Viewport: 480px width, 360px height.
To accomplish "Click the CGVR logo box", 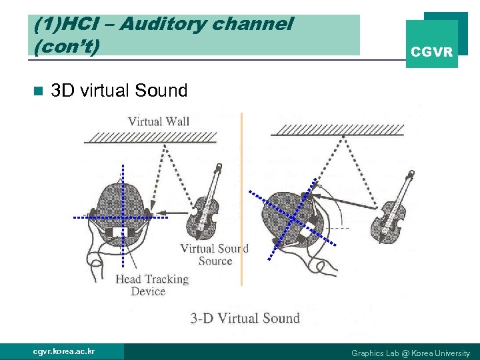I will (x=431, y=44).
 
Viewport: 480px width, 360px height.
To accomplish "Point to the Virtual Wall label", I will (x=159, y=121).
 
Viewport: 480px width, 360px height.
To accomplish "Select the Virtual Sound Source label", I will (x=215, y=254).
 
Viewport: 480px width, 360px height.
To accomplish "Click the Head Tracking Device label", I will (x=152, y=285).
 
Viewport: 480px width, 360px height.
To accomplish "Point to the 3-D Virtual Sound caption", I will (x=245, y=318).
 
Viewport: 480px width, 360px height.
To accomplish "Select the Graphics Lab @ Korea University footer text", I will (x=410, y=353).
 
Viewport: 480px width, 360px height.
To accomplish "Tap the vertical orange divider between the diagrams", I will (x=241, y=200).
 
